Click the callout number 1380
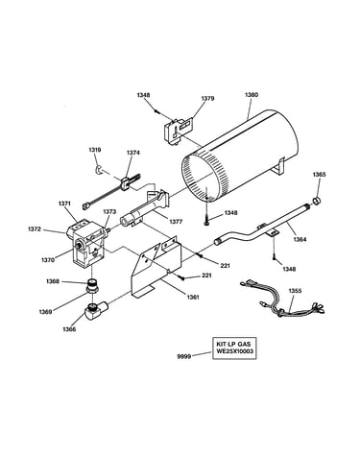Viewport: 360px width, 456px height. (252, 95)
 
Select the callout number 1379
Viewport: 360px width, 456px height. (207, 98)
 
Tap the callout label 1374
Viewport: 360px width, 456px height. (133, 153)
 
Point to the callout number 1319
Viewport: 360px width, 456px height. (95, 150)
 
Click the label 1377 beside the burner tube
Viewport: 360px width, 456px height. (176, 222)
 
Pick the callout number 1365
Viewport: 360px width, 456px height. (319, 175)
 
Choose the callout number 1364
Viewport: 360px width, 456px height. (300, 239)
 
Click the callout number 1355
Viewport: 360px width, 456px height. (295, 291)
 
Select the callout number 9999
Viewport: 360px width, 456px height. (184, 356)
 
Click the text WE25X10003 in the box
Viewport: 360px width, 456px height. (234, 351)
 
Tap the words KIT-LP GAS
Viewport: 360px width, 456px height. (234, 345)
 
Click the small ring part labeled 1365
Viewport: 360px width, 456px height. (317, 201)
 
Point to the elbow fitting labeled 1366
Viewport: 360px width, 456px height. (96, 311)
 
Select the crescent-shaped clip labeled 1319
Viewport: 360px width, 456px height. (100, 170)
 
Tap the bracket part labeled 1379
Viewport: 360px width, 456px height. (176, 131)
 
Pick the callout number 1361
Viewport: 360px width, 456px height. (192, 298)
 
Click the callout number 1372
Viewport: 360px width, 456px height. (35, 229)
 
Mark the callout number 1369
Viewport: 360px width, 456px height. (45, 311)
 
